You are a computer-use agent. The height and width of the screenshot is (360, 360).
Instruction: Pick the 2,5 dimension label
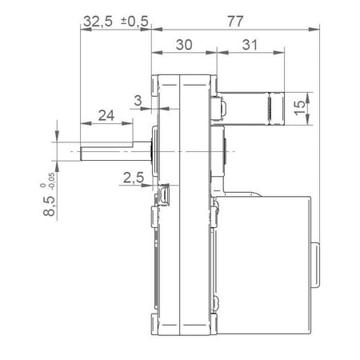[x=133, y=178]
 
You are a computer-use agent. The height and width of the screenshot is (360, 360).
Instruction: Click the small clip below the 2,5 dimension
[x=165, y=194]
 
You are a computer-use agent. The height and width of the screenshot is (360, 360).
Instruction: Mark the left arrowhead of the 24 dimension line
[x=82, y=123]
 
